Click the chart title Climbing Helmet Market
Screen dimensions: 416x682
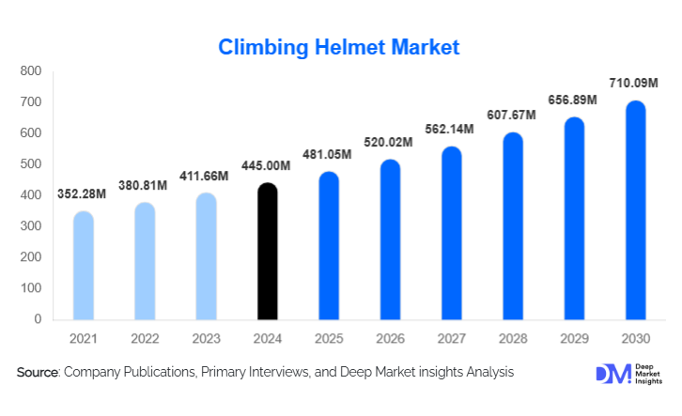coord(339,47)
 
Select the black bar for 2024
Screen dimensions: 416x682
coord(268,252)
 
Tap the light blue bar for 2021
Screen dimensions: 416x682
coord(84,266)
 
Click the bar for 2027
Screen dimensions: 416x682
coord(452,233)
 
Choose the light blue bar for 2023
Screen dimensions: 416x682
coord(207,256)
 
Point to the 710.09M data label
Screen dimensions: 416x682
coord(636,84)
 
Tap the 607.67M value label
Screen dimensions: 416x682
coord(513,116)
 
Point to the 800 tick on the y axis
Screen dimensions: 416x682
coord(31,71)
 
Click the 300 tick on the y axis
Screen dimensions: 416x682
coord(31,226)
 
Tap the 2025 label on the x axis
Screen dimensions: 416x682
coord(329,338)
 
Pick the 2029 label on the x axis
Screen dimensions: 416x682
coord(574,338)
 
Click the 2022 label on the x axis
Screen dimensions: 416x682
coord(145,338)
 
